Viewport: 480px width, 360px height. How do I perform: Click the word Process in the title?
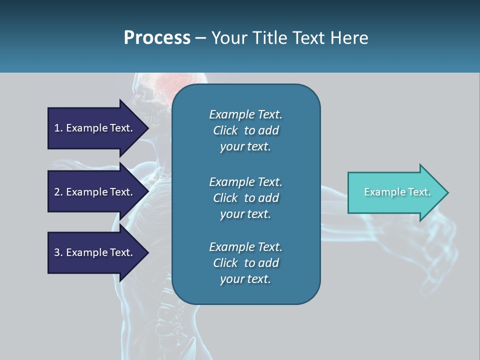[157, 38]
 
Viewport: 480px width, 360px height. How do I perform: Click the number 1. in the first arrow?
[58, 128]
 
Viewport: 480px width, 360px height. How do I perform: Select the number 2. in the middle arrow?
[58, 192]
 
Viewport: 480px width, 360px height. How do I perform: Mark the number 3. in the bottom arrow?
[58, 252]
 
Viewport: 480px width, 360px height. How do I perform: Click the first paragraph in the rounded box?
[245, 130]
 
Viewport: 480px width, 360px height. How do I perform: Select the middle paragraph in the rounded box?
[245, 198]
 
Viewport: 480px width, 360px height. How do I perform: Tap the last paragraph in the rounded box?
[245, 263]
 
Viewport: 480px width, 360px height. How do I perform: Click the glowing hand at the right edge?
[440, 250]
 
